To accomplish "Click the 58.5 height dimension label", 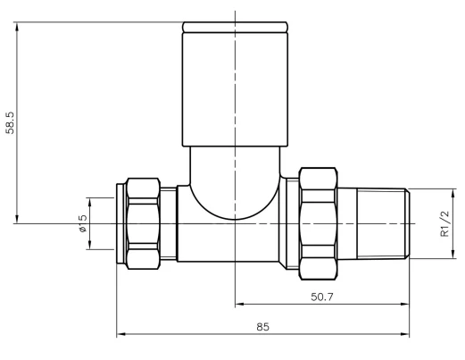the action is point(10,123).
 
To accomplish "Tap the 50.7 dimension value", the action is point(322,297).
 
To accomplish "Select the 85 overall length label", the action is point(262,327).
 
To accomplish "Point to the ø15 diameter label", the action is point(83,223).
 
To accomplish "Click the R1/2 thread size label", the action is point(444,223).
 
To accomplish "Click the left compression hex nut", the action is point(143,223).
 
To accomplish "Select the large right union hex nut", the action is point(318,223).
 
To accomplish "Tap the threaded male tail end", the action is point(383,223).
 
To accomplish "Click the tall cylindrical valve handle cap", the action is point(235,89).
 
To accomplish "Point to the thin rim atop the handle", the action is point(235,27).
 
